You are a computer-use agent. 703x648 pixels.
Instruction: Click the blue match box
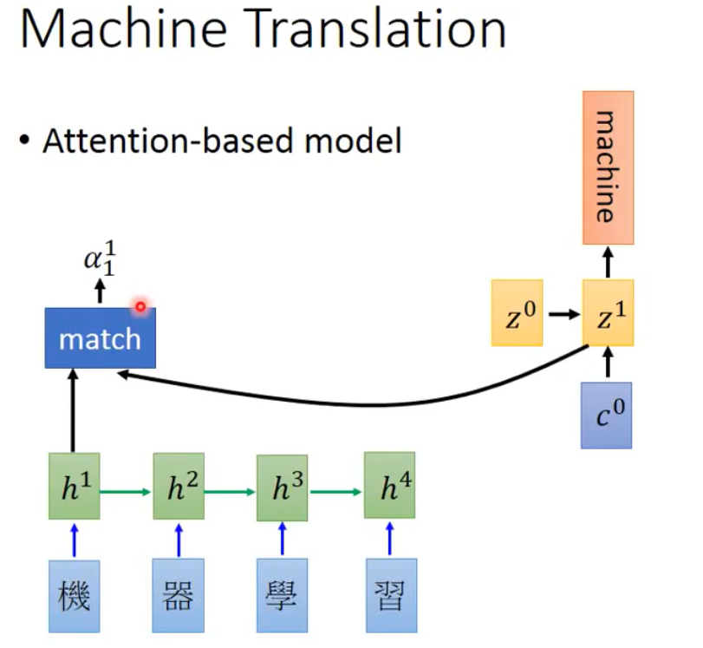[100, 337]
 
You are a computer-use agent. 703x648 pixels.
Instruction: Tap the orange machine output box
[607, 167]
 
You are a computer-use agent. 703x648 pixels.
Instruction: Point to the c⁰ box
[606, 415]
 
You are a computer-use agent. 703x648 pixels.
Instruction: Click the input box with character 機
[74, 597]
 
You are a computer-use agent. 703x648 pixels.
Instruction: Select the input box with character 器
[178, 597]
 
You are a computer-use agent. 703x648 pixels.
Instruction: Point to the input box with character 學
[283, 597]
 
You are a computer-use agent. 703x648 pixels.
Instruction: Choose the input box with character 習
[389, 597]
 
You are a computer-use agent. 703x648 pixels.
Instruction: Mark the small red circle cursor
[140, 306]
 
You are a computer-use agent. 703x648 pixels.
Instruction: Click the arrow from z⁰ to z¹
[563, 313]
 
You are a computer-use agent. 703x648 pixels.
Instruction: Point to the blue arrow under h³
[283, 540]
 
